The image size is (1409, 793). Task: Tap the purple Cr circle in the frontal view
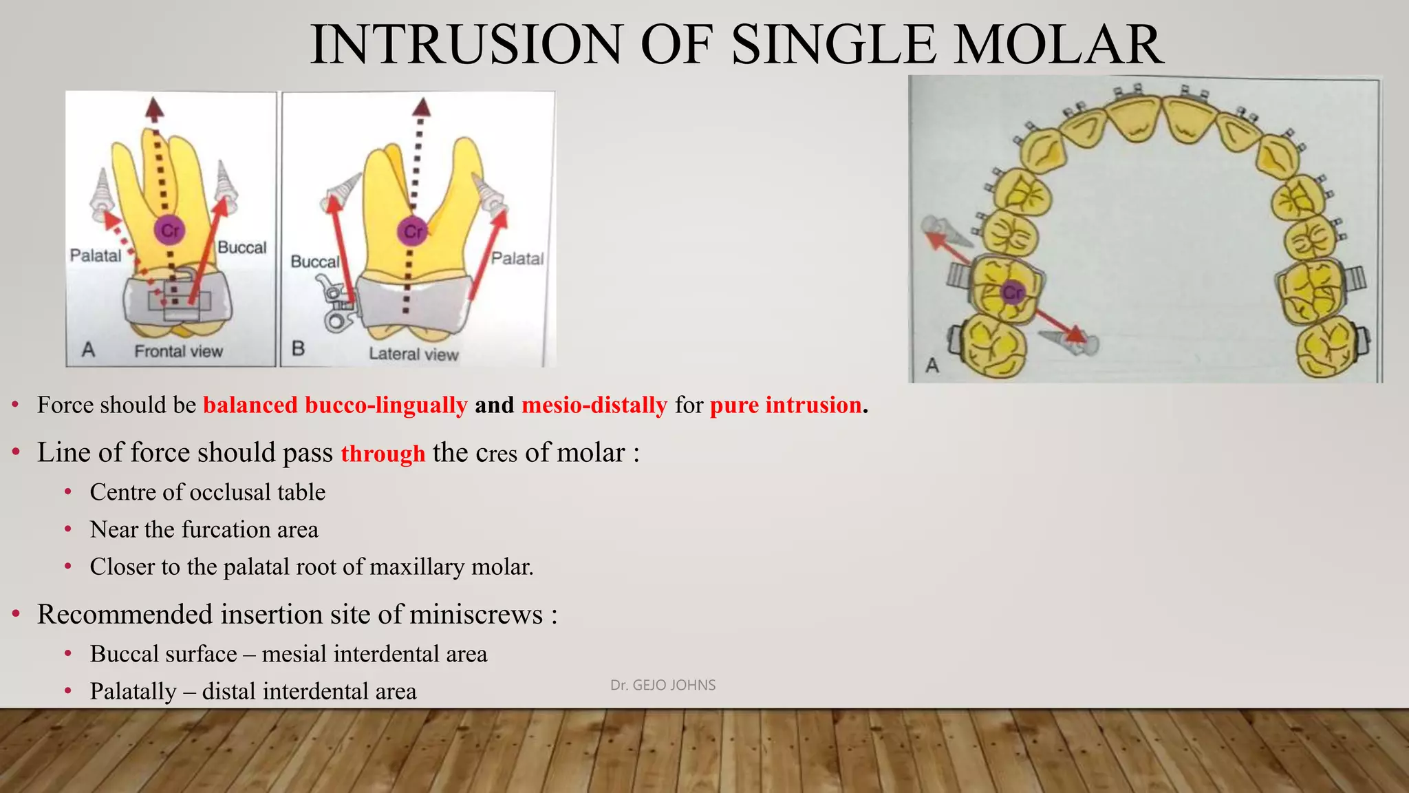click(170, 230)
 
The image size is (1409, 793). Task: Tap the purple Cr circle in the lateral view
click(413, 231)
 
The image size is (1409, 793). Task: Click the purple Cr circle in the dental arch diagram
click(1013, 293)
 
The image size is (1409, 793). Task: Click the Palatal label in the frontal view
click(95, 255)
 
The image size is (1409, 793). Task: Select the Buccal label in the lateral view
click(314, 262)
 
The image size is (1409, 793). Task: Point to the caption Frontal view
click(178, 351)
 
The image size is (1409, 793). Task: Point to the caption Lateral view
click(413, 354)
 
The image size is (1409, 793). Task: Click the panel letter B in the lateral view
click(298, 348)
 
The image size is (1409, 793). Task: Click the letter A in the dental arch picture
click(932, 365)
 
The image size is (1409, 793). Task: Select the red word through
click(383, 454)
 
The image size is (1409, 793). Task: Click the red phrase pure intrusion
click(785, 405)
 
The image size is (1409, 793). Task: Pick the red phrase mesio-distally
click(594, 405)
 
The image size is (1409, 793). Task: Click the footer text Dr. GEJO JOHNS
click(663, 685)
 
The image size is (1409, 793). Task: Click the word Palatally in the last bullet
click(133, 691)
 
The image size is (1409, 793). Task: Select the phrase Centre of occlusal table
click(207, 492)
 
